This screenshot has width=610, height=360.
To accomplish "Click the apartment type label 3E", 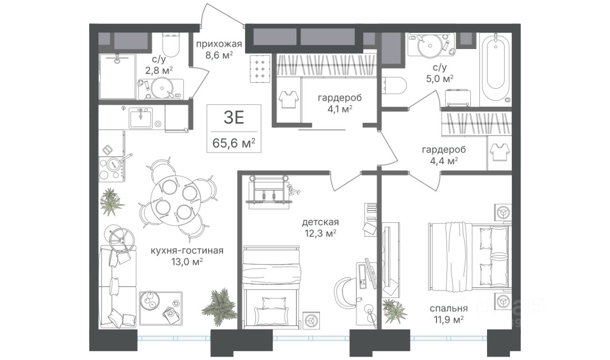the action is tap(234, 118).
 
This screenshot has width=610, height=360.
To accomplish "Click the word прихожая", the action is tap(219, 44).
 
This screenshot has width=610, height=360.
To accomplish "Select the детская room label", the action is tap(320, 222).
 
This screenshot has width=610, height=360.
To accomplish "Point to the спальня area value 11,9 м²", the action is tap(449, 319).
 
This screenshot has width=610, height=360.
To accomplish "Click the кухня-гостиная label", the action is tap(187, 250).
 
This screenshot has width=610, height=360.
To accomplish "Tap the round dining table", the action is tap(176, 200).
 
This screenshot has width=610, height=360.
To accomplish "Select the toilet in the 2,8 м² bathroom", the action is tap(171, 45).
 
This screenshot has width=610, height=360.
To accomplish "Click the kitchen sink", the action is tap(141, 118).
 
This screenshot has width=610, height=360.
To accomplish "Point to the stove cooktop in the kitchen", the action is tap(112, 169).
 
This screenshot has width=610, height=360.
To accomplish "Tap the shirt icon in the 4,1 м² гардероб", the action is tap(289, 100).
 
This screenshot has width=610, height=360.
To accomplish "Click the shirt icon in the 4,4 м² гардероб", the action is tap(500, 153).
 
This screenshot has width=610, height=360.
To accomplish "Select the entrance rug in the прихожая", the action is tap(260, 69).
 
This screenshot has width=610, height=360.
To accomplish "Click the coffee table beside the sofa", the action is tap(161, 308).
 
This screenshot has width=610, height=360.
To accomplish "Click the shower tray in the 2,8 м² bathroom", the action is tap(117, 77).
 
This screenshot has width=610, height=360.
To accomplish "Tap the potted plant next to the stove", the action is tap(112, 202).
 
